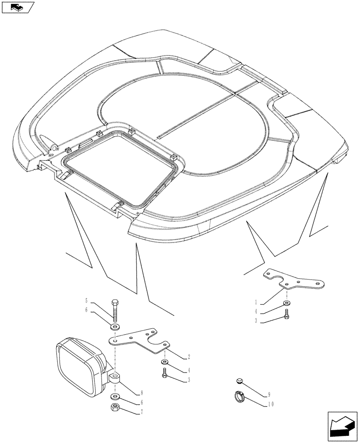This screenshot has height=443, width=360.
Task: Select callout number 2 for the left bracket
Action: tap(190, 356)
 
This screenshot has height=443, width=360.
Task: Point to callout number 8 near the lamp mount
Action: tap(141, 392)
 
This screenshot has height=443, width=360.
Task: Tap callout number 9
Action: tap(268, 395)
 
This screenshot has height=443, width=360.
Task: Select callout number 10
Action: tap(270, 404)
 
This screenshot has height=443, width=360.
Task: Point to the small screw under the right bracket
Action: tap(286, 315)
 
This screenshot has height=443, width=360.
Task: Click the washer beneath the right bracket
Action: tap(286, 303)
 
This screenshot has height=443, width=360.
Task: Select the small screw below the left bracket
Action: tap(164, 375)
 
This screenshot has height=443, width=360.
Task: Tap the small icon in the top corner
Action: tap(18, 7)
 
